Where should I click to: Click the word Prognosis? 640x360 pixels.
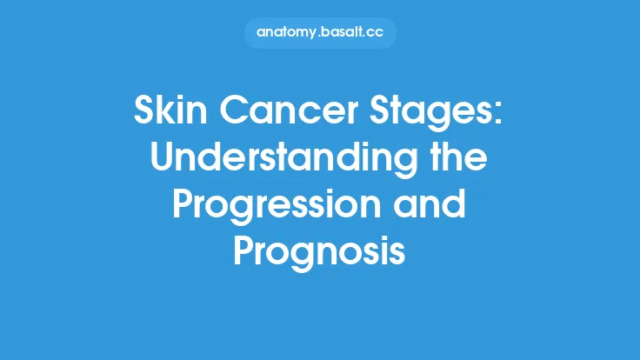click(320, 254)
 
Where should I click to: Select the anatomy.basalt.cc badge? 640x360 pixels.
click(320, 33)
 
